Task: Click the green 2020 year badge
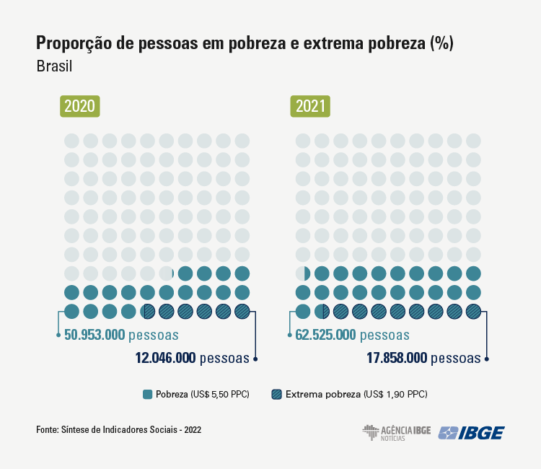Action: click(79, 107)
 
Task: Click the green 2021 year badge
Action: click(310, 107)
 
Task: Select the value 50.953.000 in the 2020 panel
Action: click(94, 335)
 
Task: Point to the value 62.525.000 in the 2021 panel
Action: click(325, 335)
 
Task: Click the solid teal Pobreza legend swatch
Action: click(148, 394)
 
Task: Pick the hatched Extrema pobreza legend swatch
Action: click(276, 394)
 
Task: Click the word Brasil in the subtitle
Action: click(55, 66)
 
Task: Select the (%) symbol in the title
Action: click(441, 43)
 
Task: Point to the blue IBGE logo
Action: click(471, 433)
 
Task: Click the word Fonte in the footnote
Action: click(47, 430)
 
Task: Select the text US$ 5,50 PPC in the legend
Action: click(219, 395)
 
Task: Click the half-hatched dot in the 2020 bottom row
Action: click(148, 311)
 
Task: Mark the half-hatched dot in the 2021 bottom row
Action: click(322, 311)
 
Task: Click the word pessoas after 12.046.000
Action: click(224, 357)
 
